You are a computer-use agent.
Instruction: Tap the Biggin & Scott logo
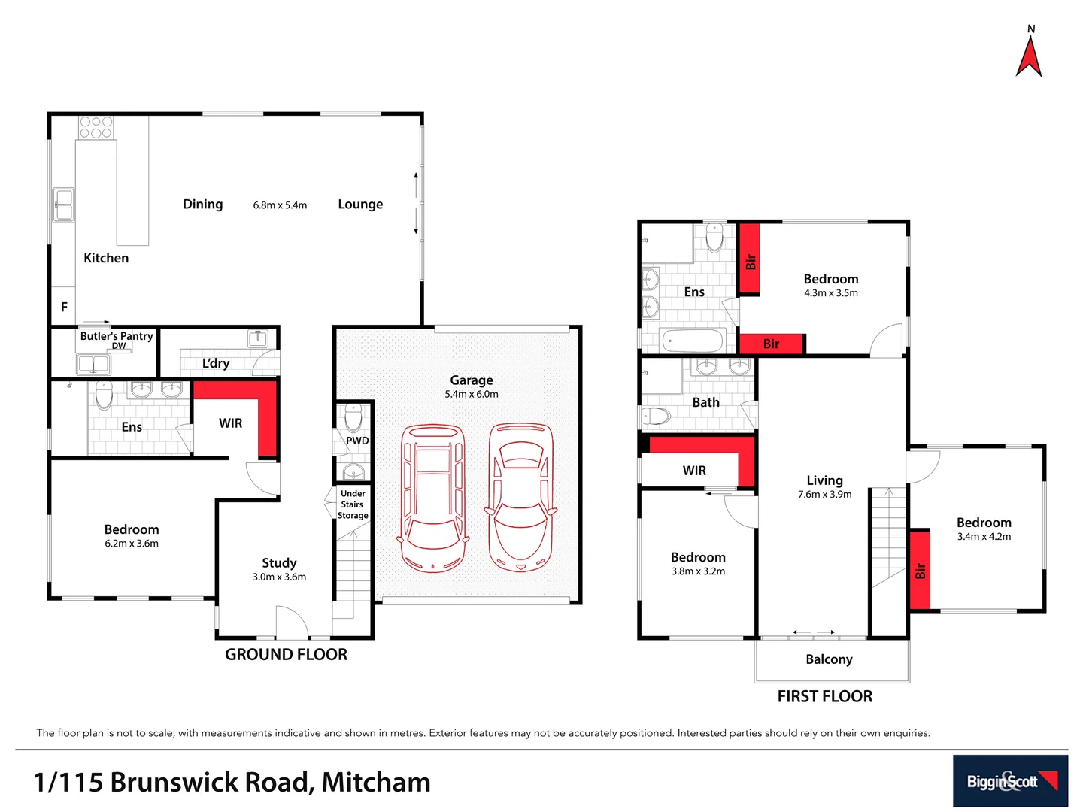[x=1010, y=781]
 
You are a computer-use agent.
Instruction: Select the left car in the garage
[x=432, y=498]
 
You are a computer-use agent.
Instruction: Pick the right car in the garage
[x=521, y=497]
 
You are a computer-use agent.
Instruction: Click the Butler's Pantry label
[x=117, y=336]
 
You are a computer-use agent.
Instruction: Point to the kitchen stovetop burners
[x=96, y=127]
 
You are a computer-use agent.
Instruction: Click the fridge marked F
[x=64, y=307]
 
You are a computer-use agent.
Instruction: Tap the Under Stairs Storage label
[x=353, y=504]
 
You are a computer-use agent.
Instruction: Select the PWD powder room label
[x=357, y=441]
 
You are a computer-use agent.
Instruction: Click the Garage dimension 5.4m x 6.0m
[x=472, y=394]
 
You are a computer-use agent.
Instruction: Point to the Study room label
[x=279, y=562]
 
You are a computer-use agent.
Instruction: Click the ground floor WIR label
[x=230, y=423]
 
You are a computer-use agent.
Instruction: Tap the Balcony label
[x=829, y=659]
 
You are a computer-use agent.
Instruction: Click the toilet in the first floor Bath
[x=656, y=416]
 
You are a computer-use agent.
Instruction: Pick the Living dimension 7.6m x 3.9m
[x=824, y=495]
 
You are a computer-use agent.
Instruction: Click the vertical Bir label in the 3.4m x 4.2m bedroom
[x=920, y=571]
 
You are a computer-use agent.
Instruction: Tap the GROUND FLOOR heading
[x=286, y=655]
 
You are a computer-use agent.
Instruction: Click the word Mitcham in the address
[x=376, y=782]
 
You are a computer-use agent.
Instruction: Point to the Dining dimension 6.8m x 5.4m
[x=280, y=205]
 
